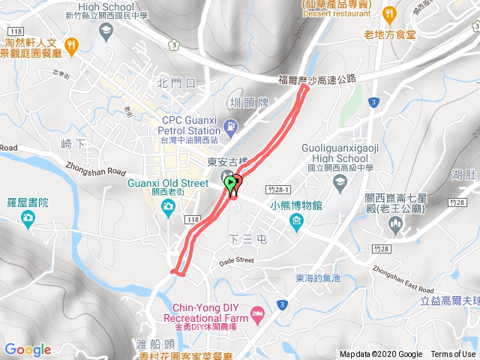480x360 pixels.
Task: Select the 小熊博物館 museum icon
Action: tap(297, 221)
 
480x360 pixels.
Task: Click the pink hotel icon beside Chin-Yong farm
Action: tap(258, 312)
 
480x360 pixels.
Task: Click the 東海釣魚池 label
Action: tap(317, 278)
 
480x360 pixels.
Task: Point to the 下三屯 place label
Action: tap(247, 238)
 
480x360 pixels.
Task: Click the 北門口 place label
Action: tap(176, 82)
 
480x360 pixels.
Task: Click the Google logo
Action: tap(28, 350)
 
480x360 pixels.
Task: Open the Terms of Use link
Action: tap(453, 355)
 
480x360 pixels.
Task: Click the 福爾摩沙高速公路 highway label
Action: tap(316, 78)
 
